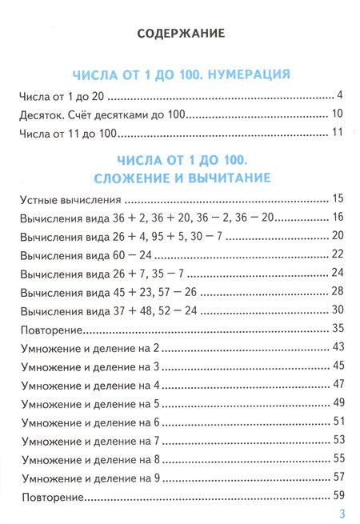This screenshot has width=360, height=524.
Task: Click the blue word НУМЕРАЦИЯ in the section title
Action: tap(247, 74)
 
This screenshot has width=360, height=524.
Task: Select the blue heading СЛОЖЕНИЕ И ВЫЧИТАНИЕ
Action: tap(180, 176)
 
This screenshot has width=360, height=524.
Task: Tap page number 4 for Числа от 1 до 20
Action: tap(339, 95)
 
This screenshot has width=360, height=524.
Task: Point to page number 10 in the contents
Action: tap(337, 114)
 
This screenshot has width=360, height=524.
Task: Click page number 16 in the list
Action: tap(337, 218)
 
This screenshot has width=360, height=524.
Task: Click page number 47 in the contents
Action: tap(337, 384)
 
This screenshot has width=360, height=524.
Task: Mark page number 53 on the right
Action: tap(337, 439)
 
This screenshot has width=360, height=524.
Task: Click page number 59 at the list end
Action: tap(337, 494)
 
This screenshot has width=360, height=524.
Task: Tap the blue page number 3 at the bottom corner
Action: tap(341, 513)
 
